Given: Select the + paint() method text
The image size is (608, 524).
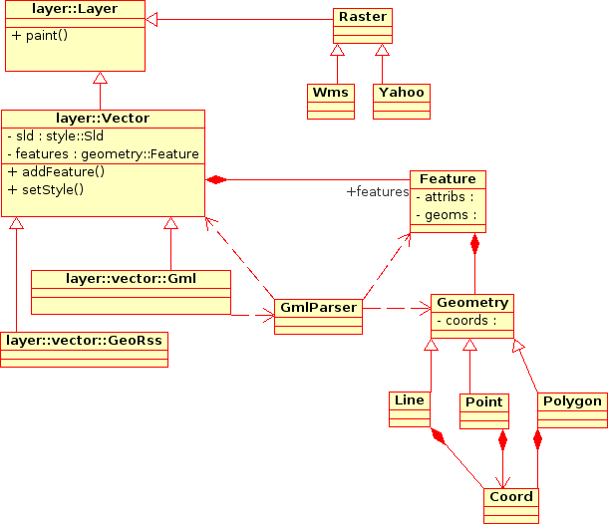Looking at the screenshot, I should pyautogui.click(x=40, y=36).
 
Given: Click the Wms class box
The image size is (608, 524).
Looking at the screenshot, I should pyautogui.click(x=330, y=101).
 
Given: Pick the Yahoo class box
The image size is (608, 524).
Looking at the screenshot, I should pyautogui.click(x=401, y=101).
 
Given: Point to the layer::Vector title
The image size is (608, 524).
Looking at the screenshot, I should pyautogui.click(x=103, y=119).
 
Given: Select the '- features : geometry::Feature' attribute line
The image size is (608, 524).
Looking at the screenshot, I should pyautogui.click(x=103, y=153).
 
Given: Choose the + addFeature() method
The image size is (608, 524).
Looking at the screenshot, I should pyautogui.click(x=57, y=171).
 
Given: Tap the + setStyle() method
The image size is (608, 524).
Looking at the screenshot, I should pyautogui.click(x=46, y=188).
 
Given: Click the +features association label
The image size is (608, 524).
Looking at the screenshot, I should pyautogui.click(x=377, y=191).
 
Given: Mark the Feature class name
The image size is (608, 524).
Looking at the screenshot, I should pyautogui.click(x=448, y=179).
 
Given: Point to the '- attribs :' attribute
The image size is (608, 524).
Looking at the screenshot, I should pyautogui.click(x=445, y=197).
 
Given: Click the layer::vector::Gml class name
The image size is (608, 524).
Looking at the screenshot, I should pyautogui.click(x=131, y=278).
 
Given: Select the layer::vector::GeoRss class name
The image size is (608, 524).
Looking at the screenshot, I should pyautogui.click(x=84, y=341).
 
